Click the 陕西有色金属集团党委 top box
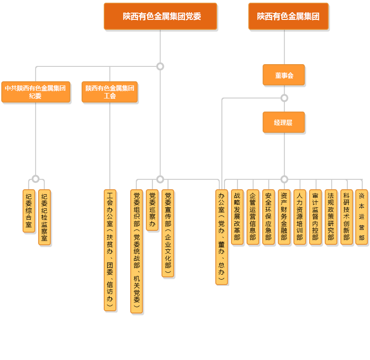[160, 16]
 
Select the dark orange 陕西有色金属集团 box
[288, 16]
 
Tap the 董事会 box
[284, 75]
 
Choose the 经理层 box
[284, 122]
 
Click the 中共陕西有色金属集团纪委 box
[36, 92]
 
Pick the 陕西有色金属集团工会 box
[110, 92]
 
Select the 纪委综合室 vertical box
[29, 211]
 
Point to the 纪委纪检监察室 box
[44, 217]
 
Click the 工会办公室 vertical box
[110, 250]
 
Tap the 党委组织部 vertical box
[137, 251]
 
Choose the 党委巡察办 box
[153, 210]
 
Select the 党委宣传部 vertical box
[168, 233]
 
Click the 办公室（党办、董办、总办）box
[222, 237]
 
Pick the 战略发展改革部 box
[237, 217]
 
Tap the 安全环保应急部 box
[268, 217]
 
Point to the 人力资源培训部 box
[300, 217]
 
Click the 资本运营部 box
[361, 217]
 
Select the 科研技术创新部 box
[347, 217]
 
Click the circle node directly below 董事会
[284, 98]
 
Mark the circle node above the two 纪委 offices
[36, 179]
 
